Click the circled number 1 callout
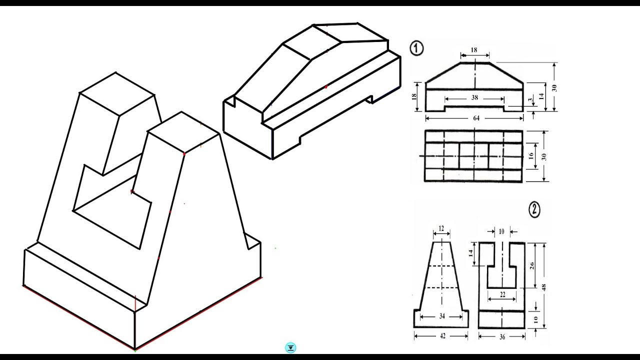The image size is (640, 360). (x=417, y=48)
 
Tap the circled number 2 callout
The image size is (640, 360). (x=534, y=210)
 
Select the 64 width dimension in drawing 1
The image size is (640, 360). (x=475, y=118)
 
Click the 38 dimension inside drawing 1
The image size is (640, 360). (x=474, y=98)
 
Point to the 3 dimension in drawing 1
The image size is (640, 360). (x=530, y=101)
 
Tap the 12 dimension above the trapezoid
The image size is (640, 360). (x=441, y=228)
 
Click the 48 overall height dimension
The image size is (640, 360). (x=544, y=287)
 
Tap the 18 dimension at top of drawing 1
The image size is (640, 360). (x=474, y=50)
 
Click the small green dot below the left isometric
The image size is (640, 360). (x=135, y=351)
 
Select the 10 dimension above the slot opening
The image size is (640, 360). (x=501, y=231)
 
